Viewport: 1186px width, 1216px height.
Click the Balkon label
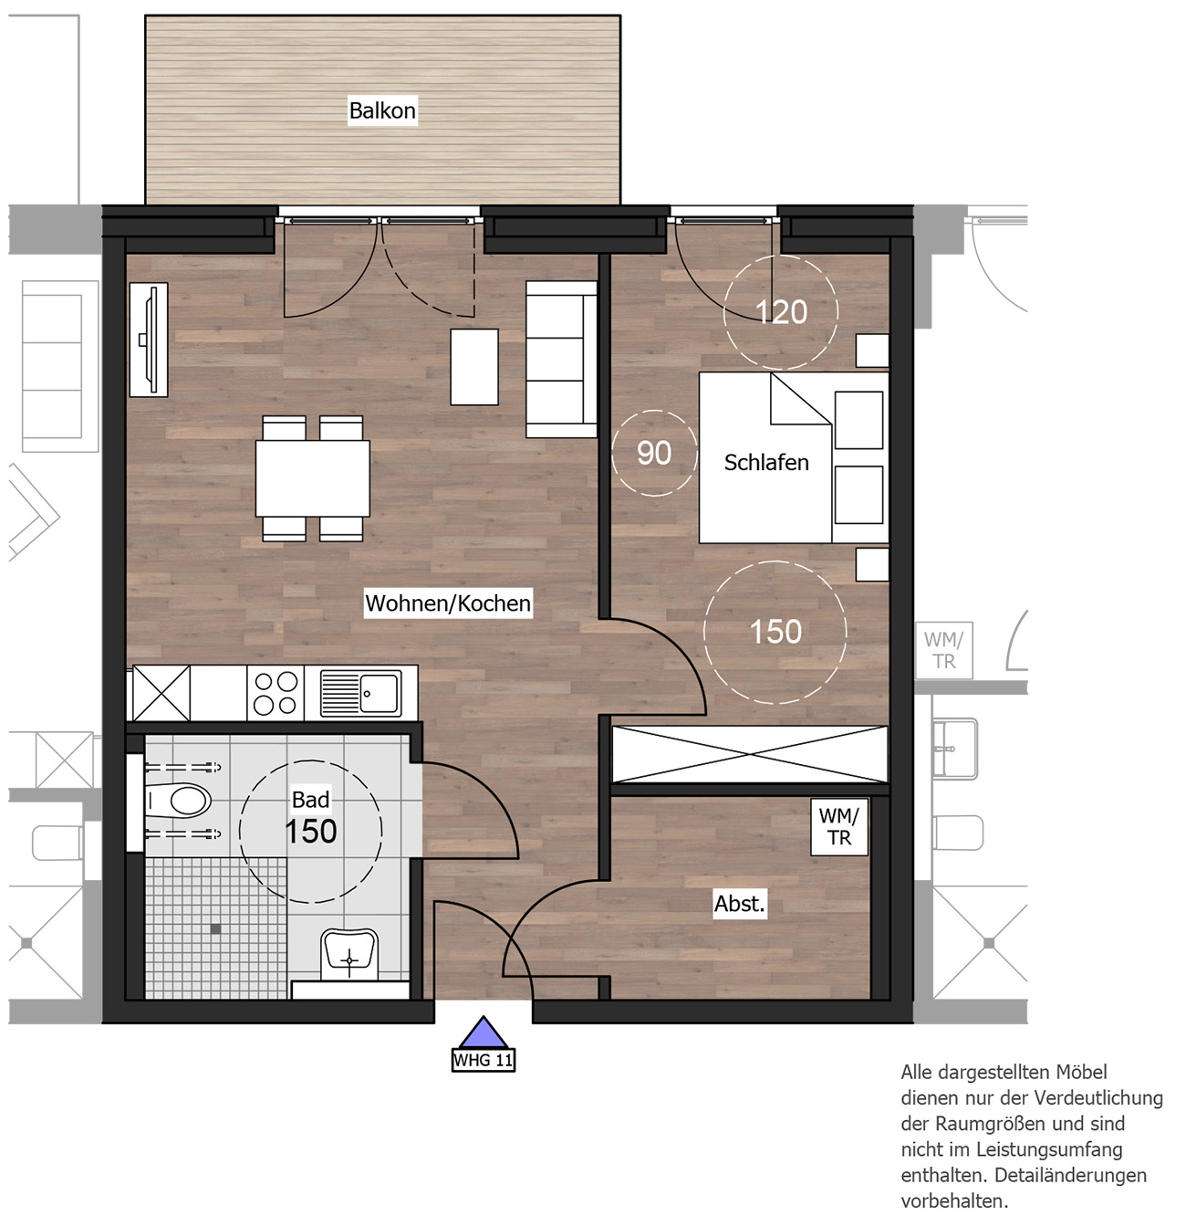[382, 110]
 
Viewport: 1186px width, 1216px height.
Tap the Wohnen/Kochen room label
[448, 603]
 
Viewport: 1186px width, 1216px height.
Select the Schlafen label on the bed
[766, 463]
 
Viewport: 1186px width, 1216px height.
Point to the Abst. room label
[740, 904]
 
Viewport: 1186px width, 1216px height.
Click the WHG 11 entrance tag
[484, 1061]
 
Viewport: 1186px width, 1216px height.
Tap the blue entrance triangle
[484, 1033]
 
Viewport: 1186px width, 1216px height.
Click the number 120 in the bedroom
[781, 312]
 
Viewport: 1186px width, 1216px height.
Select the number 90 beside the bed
[654, 453]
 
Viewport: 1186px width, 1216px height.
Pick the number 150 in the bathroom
[310, 832]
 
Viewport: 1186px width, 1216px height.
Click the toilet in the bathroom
[179, 801]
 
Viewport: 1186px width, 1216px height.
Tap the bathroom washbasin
[349, 954]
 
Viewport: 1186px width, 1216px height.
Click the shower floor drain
[215, 929]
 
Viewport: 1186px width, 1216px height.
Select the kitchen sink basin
[379, 693]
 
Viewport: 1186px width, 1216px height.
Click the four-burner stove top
[276, 693]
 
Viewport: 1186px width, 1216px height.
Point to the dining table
[312, 478]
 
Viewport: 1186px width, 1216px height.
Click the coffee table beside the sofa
[474, 367]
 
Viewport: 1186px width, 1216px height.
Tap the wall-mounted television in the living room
[149, 340]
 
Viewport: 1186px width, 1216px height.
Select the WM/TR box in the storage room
[838, 827]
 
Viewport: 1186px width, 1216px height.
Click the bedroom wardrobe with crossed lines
[749, 754]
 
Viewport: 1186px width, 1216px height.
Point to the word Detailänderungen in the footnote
[1070, 1176]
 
